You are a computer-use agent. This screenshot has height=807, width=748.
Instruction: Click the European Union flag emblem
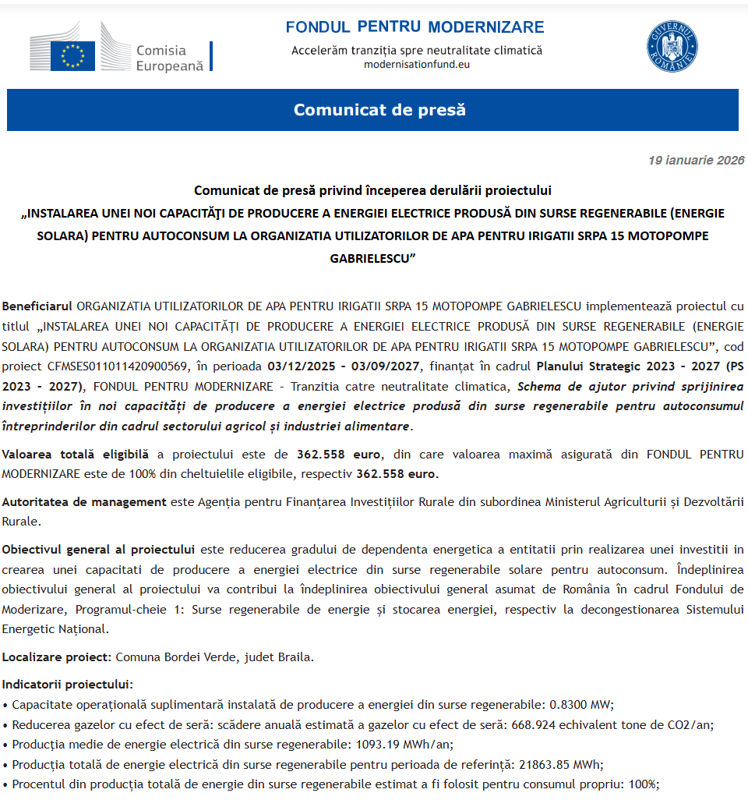point(72,56)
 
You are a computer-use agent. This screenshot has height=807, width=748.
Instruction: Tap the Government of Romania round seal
point(672,47)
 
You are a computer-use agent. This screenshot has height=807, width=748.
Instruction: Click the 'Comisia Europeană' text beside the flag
point(169,58)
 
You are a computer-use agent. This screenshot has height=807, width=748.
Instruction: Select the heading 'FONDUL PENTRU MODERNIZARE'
point(415,27)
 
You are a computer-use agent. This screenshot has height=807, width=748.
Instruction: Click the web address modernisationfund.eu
point(417,64)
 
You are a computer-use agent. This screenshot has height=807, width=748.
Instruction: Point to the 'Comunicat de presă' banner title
point(379,110)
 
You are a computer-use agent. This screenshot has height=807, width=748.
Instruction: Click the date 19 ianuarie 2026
point(696,161)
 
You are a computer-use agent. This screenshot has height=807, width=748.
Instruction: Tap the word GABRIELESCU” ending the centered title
point(372,258)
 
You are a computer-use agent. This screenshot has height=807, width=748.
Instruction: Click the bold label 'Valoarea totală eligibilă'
point(75,454)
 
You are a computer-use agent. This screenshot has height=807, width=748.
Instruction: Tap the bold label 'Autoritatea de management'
point(84,501)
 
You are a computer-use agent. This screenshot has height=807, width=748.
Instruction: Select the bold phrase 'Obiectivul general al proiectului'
point(97,549)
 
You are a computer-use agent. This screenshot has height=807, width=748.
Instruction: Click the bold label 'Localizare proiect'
point(57,657)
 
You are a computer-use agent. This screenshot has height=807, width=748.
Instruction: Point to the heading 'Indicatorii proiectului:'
point(68,685)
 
